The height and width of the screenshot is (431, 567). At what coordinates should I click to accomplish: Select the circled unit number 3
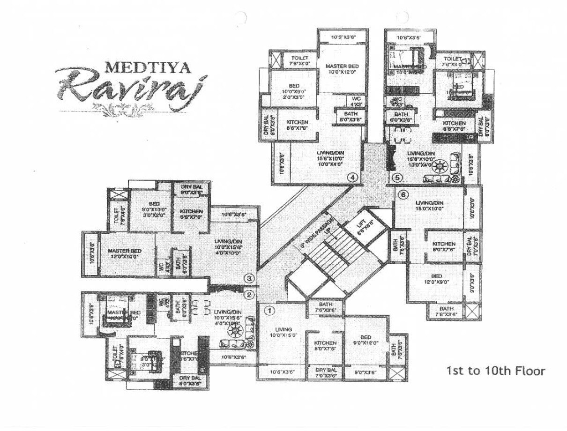tap(250, 278)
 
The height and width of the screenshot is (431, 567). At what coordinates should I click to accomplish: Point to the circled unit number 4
tap(352, 178)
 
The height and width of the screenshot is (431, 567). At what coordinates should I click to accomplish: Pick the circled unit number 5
tap(397, 178)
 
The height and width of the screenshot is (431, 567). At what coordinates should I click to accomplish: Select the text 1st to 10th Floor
tap(496, 372)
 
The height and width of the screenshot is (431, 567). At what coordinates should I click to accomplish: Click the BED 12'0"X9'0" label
tap(437, 279)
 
